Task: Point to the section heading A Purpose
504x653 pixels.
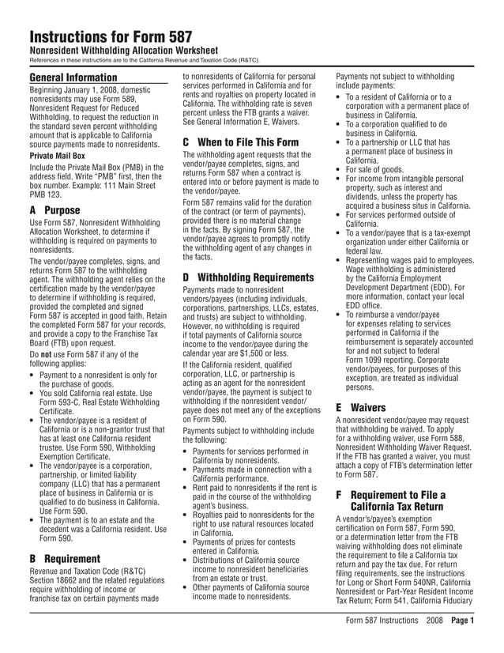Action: coord(55,211)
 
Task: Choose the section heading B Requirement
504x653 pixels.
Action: coord(65,558)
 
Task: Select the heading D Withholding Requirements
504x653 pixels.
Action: coord(248,277)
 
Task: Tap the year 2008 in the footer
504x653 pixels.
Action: coord(434,621)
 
